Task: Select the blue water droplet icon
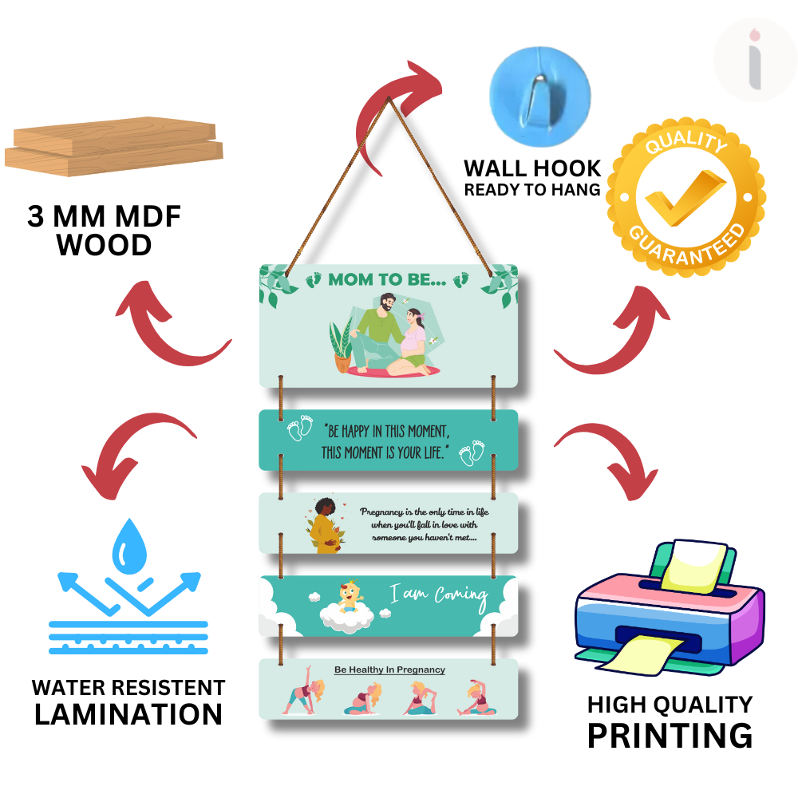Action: [x=128, y=550]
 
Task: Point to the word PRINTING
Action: [x=670, y=735]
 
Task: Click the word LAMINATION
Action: [x=128, y=714]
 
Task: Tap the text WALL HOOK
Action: [x=532, y=168]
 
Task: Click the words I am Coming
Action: [x=438, y=594]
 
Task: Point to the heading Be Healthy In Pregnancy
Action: [x=389, y=670]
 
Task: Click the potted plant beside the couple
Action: [x=341, y=345]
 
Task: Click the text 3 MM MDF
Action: [x=104, y=217]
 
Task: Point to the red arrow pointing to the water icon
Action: [x=136, y=447]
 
